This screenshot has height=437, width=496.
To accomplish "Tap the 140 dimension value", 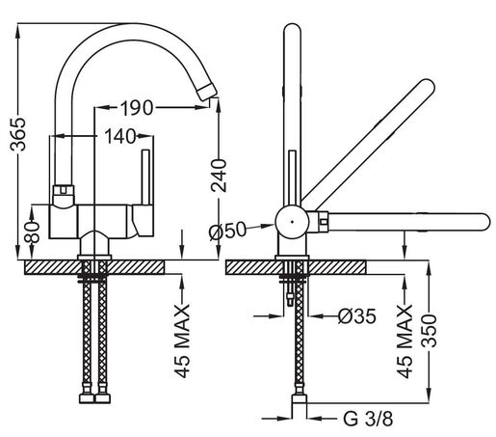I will click(x=119, y=137).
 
